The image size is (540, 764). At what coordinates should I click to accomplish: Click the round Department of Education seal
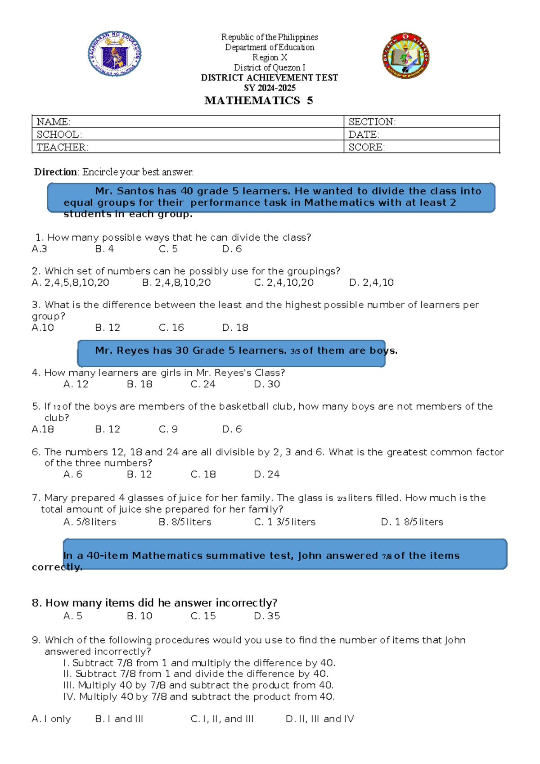pyautogui.click(x=114, y=54)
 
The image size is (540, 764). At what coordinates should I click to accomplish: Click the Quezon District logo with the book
pyautogui.click(x=406, y=56)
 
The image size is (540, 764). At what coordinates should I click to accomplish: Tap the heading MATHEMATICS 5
pyautogui.click(x=258, y=100)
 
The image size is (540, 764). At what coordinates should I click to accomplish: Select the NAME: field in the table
pyautogui.click(x=53, y=122)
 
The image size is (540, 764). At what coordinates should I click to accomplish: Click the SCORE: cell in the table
pyautogui.click(x=366, y=147)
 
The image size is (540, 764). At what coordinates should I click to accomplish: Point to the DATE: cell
pyautogui.click(x=364, y=135)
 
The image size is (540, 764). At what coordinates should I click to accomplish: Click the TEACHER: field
pyautogui.click(x=62, y=147)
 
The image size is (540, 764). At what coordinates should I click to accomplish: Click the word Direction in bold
pyautogui.click(x=55, y=172)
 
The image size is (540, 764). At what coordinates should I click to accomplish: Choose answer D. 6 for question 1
pyautogui.click(x=232, y=249)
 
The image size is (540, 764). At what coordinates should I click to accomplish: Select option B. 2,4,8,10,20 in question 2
pyautogui.click(x=176, y=283)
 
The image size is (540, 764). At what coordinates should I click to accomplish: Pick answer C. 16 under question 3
pyautogui.click(x=171, y=328)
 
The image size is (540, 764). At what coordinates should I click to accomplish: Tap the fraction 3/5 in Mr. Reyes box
pyautogui.click(x=295, y=351)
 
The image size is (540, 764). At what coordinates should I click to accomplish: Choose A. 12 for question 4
pyautogui.click(x=76, y=384)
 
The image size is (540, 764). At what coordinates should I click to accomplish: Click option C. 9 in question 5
pyautogui.click(x=168, y=429)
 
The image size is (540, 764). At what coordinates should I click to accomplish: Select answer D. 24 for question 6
pyautogui.click(x=267, y=474)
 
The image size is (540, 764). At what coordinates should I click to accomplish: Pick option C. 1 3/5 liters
pyautogui.click(x=284, y=522)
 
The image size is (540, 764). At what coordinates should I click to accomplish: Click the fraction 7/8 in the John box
pyautogui.click(x=387, y=557)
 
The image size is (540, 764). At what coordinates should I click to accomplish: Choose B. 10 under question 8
pyautogui.click(x=139, y=616)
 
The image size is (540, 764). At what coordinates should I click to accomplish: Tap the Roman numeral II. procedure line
pyautogui.click(x=196, y=674)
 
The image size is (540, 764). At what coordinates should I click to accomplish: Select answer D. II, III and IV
pyautogui.click(x=319, y=719)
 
